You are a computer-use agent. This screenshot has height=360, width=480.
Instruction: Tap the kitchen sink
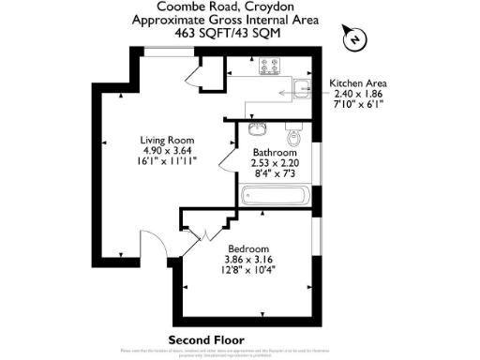pyautogui.click(x=302, y=89)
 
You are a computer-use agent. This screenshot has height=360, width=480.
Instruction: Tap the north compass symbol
pyautogui.click(x=354, y=37)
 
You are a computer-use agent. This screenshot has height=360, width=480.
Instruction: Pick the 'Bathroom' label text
pyautogui.click(x=276, y=152)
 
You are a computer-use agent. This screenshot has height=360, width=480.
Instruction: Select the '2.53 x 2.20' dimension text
pyautogui.click(x=276, y=163)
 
